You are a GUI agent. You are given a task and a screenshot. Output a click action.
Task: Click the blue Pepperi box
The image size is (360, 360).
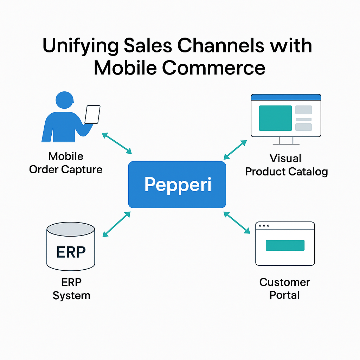coord(177,185)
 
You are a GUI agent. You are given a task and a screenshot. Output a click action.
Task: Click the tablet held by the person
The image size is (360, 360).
coord(92,115)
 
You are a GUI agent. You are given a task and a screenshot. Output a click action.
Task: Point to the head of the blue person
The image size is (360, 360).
coord(65,100)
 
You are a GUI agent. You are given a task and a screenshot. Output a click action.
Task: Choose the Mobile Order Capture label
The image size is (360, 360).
coord(66,163)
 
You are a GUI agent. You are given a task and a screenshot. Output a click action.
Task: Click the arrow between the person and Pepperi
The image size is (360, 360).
coord(117,143)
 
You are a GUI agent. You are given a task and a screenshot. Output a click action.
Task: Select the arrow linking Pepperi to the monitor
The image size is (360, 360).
coord(235,150)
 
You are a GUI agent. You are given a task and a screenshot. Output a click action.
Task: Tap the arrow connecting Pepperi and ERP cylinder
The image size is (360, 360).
coord(116,224)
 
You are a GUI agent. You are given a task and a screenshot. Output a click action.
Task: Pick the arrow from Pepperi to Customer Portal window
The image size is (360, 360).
coord(237,223)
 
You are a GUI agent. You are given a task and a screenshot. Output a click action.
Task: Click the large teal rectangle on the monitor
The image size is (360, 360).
coord(275,118)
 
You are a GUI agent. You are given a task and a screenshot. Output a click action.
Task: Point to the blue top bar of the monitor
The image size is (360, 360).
coord(286,97)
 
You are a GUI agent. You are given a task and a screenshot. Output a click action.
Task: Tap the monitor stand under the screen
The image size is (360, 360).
coord(286,141)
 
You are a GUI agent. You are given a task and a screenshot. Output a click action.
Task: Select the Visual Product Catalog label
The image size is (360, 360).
coord(286,165)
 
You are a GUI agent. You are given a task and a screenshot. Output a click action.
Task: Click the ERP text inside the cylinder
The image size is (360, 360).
coord(71,252)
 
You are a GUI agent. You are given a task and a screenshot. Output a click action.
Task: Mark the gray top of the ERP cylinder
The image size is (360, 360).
coord(71,229)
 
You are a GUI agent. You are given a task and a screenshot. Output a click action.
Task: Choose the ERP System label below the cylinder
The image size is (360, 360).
coord(71,289)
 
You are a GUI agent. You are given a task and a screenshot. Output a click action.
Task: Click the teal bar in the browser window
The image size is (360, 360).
coord(285,245)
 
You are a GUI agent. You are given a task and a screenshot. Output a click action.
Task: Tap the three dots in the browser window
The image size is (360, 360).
coord(264,226)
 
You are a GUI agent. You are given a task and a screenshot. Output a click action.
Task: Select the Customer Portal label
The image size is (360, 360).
coord(285,289)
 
